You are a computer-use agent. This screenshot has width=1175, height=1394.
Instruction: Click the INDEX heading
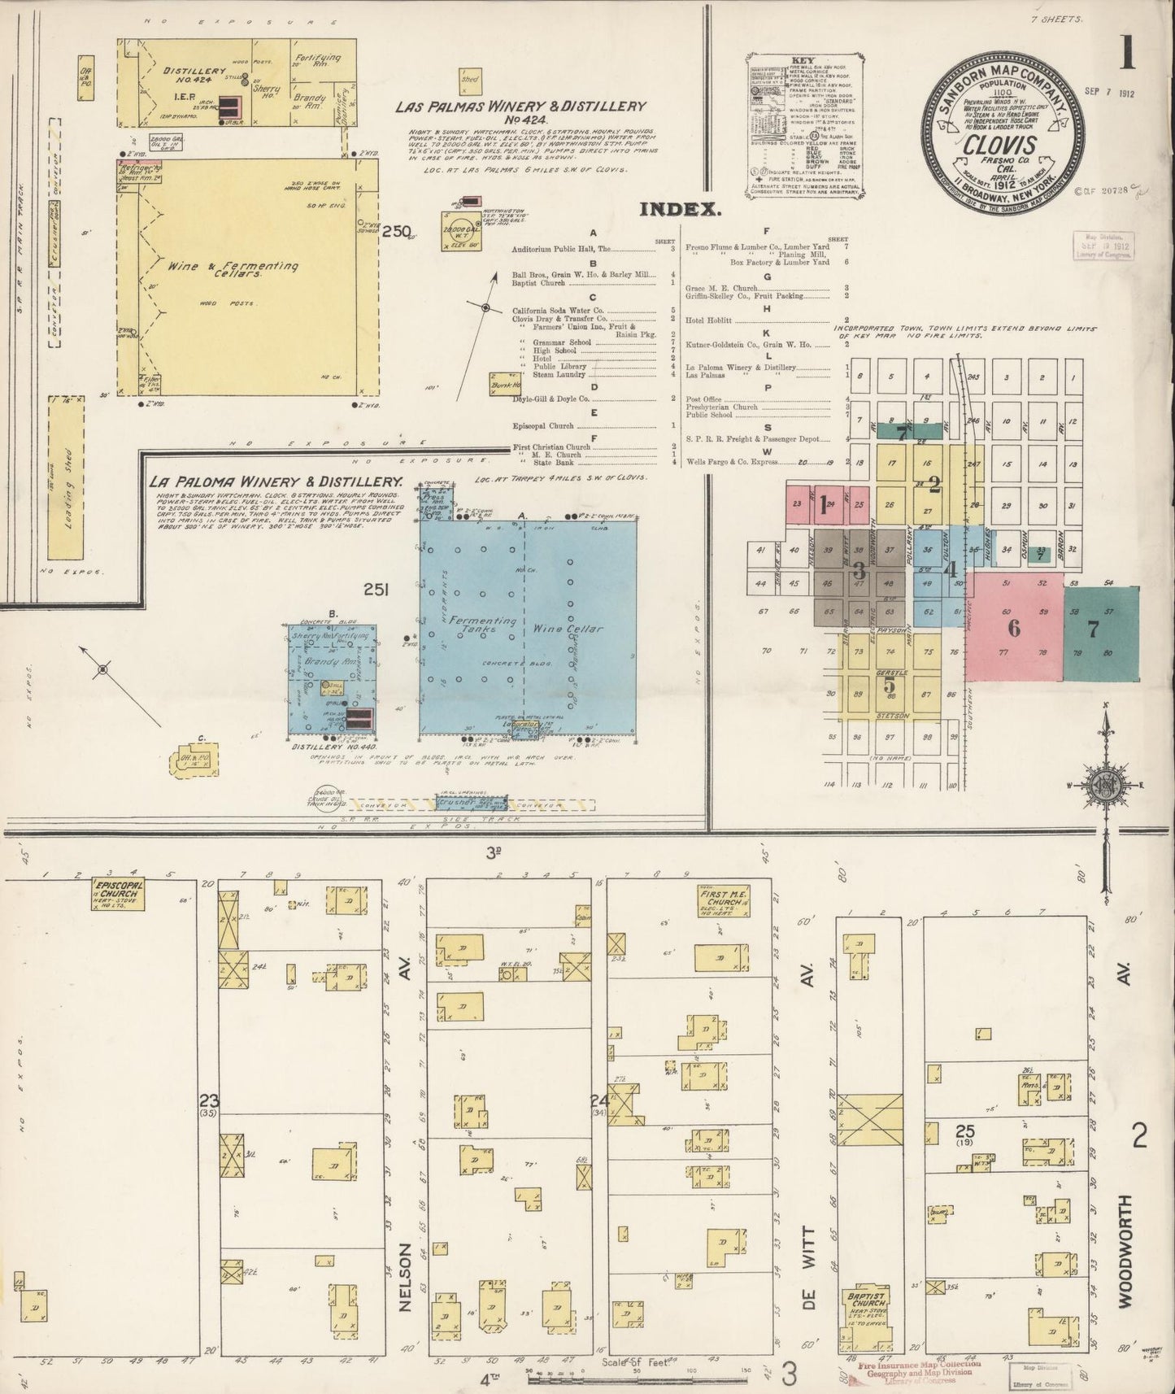680,209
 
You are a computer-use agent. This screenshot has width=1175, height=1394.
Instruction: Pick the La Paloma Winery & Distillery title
276,481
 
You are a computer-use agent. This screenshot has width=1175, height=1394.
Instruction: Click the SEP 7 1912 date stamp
1109,94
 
